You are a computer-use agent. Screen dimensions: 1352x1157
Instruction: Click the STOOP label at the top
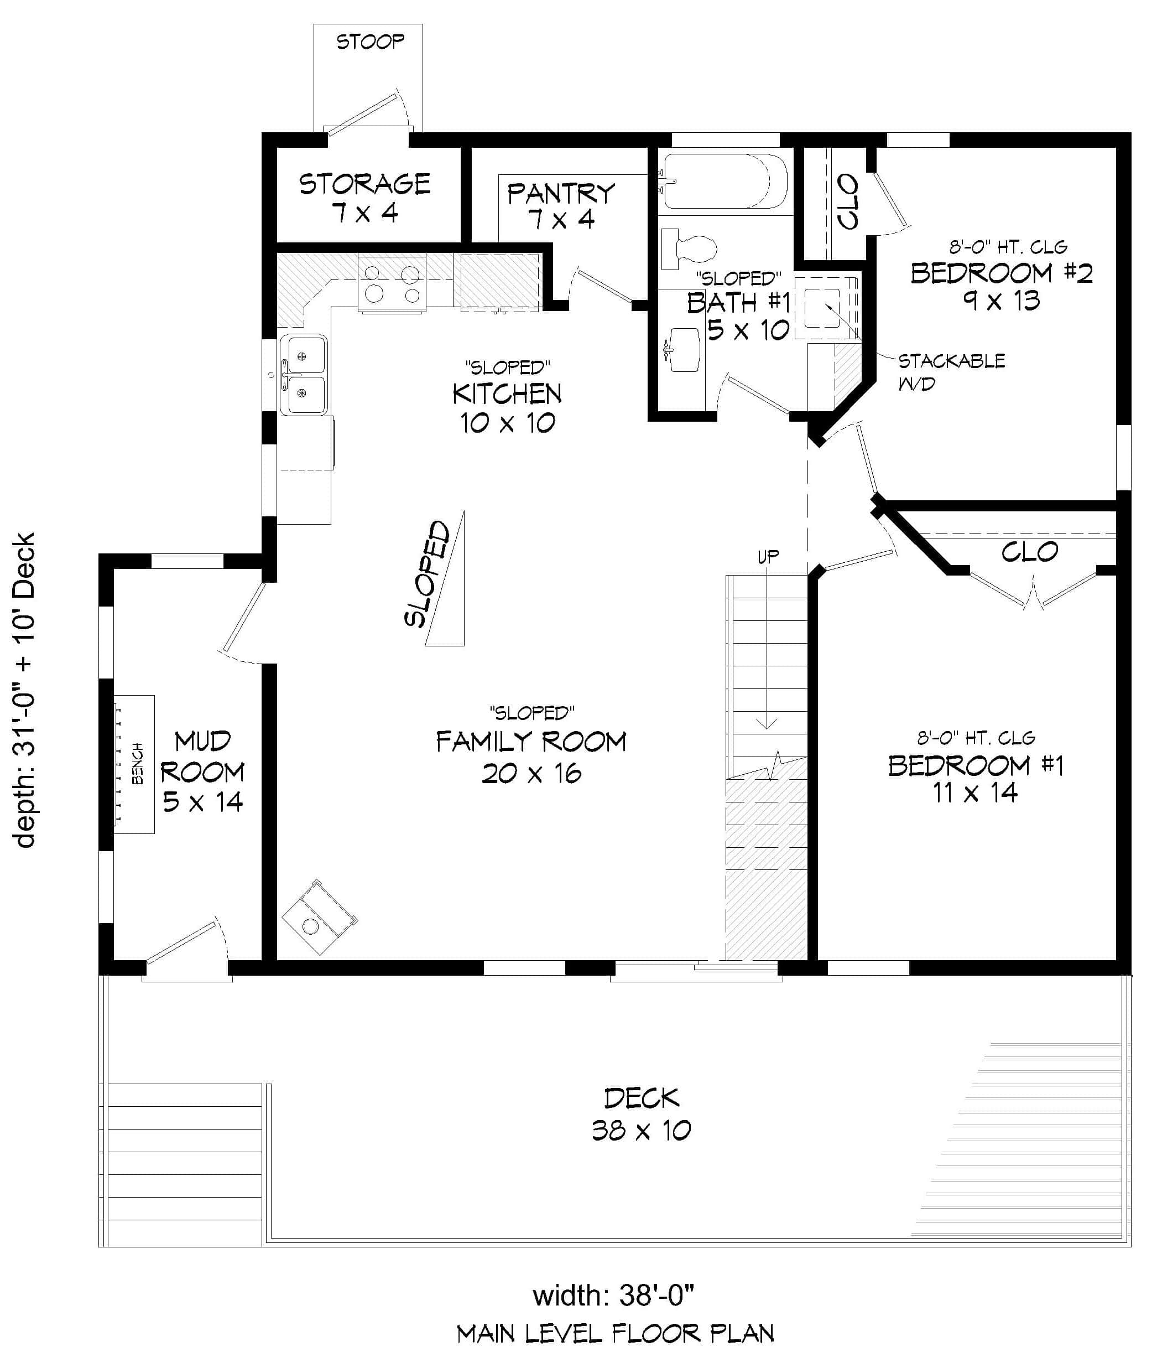click(370, 42)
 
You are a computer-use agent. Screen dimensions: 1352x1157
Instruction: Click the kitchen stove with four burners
click(392, 284)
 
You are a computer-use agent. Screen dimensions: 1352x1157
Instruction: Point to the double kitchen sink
click(303, 375)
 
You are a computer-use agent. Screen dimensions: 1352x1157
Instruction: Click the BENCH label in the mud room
click(137, 763)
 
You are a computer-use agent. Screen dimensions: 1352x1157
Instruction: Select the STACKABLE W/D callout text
click(950, 371)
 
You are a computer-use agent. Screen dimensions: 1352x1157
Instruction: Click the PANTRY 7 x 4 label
click(561, 205)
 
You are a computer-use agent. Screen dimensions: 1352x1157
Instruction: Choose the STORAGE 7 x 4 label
click(364, 198)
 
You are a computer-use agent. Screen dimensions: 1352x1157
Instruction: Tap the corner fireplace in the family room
click(320, 917)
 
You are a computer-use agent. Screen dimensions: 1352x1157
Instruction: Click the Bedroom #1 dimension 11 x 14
click(974, 793)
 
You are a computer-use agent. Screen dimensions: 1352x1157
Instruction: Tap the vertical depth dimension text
click(24, 690)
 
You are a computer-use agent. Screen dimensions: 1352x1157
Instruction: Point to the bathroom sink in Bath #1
click(684, 349)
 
